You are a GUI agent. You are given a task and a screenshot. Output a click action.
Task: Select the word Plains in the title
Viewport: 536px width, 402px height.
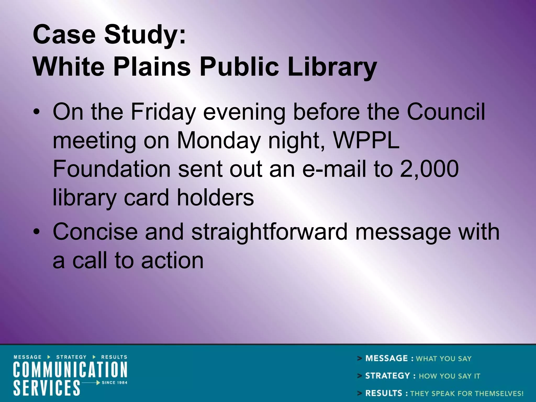[x=152, y=67]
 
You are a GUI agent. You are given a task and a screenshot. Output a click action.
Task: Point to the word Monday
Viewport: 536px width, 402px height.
[x=219, y=141]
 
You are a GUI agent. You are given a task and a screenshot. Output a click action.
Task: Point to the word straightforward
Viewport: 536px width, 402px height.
[x=269, y=232]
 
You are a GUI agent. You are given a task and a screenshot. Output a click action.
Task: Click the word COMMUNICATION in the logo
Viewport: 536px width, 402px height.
[x=70, y=370]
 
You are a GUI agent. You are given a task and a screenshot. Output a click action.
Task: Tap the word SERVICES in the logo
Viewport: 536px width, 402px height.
[x=47, y=388]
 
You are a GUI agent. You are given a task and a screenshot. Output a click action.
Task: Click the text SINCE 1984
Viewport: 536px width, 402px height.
[x=114, y=383]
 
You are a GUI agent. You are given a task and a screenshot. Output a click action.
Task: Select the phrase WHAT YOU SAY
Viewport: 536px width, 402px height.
[x=444, y=359]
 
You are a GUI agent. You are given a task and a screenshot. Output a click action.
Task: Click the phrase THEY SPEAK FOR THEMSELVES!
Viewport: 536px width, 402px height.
[x=467, y=393]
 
